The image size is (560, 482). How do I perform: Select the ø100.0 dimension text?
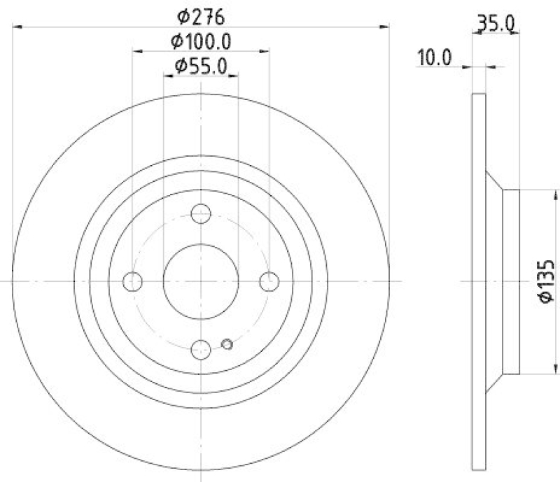coord(201,41)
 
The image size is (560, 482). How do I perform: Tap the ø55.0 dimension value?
coord(201,66)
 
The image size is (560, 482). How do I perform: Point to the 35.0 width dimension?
coord(496,25)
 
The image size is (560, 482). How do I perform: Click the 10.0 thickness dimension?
coord(435,57)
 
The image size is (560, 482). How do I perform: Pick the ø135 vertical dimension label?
coord(547,281)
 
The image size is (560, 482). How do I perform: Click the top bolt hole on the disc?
coord(201,214)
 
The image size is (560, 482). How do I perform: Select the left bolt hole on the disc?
coord(132,282)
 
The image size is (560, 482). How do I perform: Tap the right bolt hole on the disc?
coord(269,282)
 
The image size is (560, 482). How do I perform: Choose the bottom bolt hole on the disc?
coord(201,348)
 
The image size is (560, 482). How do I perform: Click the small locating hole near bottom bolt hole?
coord(226,343)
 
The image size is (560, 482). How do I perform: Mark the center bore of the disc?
coord(201,281)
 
